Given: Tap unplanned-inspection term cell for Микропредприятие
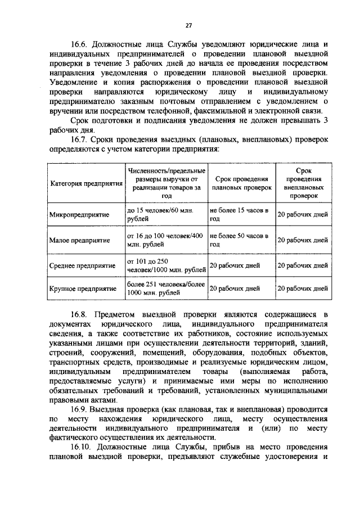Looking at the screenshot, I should [x=303, y=215].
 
